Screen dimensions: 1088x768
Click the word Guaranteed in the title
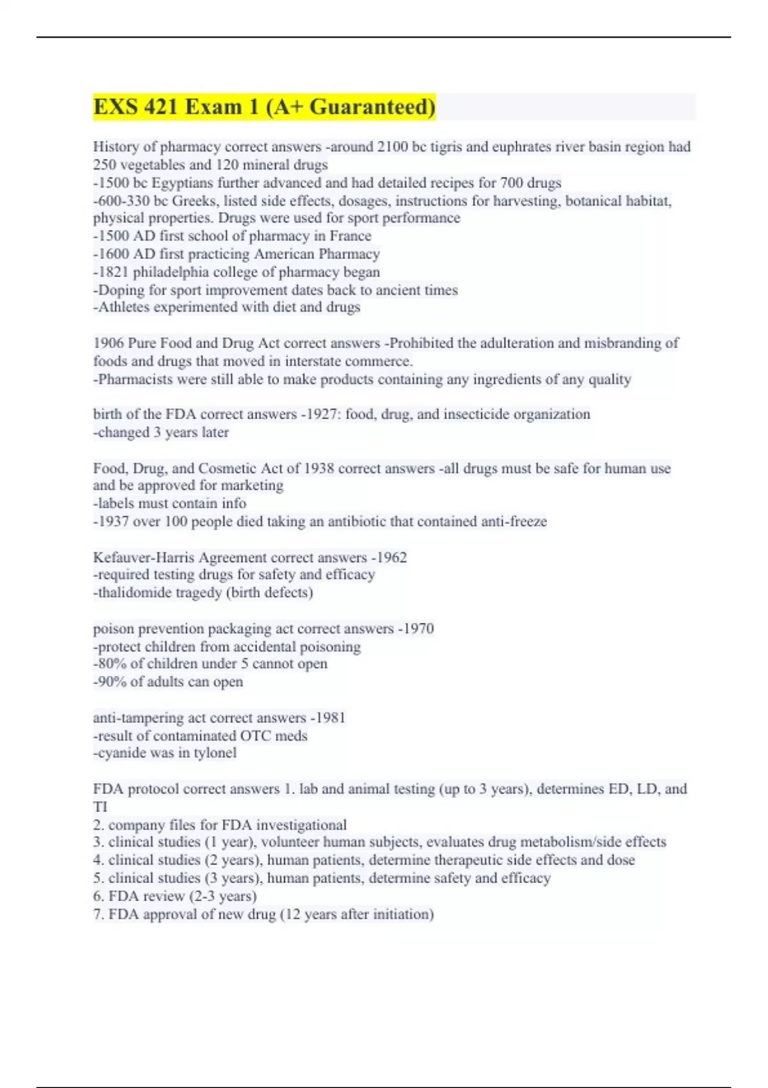coord(372,107)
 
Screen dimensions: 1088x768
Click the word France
coord(350,236)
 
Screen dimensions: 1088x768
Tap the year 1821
coord(113,272)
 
